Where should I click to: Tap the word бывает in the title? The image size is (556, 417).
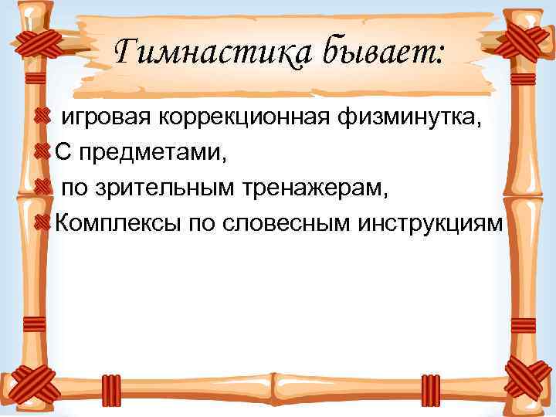coord(384,54)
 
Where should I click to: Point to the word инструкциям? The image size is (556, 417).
coord(429,223)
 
